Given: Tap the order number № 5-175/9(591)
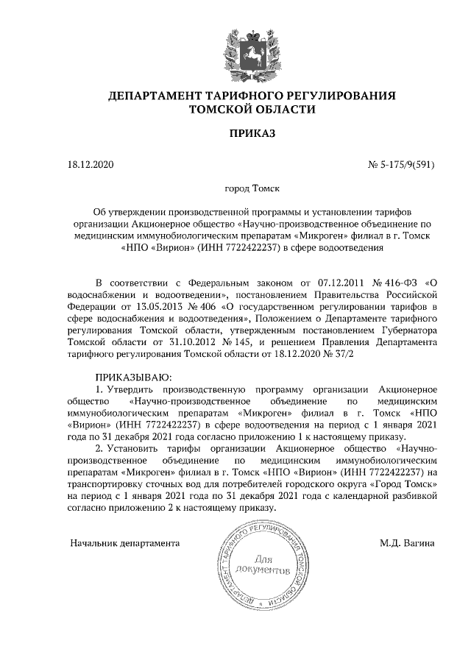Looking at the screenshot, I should click(401, 165).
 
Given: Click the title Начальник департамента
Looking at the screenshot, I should click(125, 544).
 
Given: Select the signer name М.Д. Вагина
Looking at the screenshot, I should click(407, 544).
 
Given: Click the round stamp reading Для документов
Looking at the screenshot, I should click(253, 565).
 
